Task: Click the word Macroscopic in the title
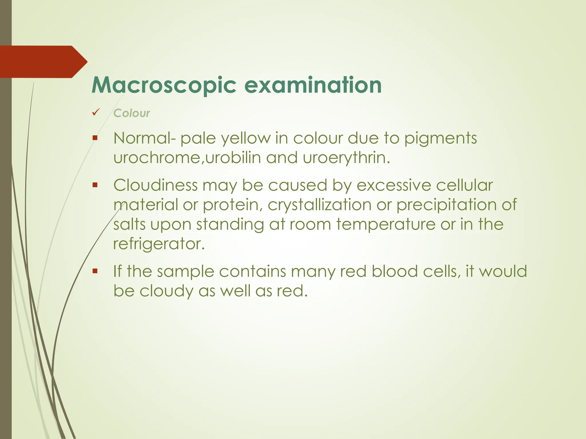tap(164, 85)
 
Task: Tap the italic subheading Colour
tap(131, 113)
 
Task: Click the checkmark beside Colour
tap(96, 112)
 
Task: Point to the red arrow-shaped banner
tap(43, 62)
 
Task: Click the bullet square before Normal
tap(95, 138)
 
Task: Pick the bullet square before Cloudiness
tap(95, 185)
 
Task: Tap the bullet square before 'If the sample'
tap(95, 271)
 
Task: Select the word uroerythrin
tap(346, 158)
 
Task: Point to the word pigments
tap(440, 139)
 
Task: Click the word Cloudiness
tap(155, 185)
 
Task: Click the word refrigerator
tap(159, 244)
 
